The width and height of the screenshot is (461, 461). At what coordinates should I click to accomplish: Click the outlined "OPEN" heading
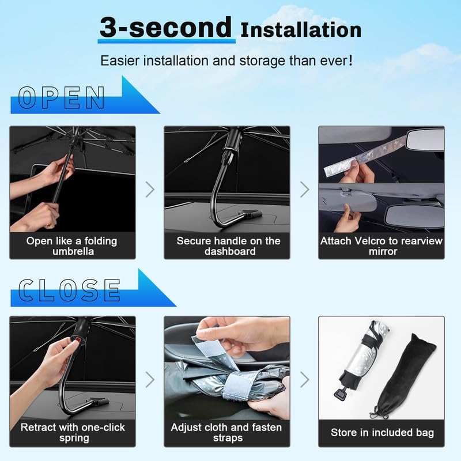coord(62,99)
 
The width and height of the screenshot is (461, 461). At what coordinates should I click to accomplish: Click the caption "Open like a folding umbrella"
coord(72,246)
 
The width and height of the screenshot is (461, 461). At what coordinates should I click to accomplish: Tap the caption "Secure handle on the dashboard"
coord(228,246)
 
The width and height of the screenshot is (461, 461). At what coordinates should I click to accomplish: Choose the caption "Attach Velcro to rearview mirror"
coord(381,246)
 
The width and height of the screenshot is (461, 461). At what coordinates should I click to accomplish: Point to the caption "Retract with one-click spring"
coord(72,432)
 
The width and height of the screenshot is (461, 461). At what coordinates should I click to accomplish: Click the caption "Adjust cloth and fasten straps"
coord(226,432)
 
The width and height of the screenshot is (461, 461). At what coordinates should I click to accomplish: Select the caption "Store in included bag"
coord(382,432)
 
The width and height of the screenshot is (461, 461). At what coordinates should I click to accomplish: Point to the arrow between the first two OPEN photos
coord(150,189)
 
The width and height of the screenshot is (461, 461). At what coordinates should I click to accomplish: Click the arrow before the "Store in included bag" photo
coord(304,379)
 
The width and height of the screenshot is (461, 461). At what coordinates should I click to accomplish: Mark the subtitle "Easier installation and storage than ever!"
coord(226,60)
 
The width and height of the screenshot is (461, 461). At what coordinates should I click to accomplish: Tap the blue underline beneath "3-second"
coord(167,41)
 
